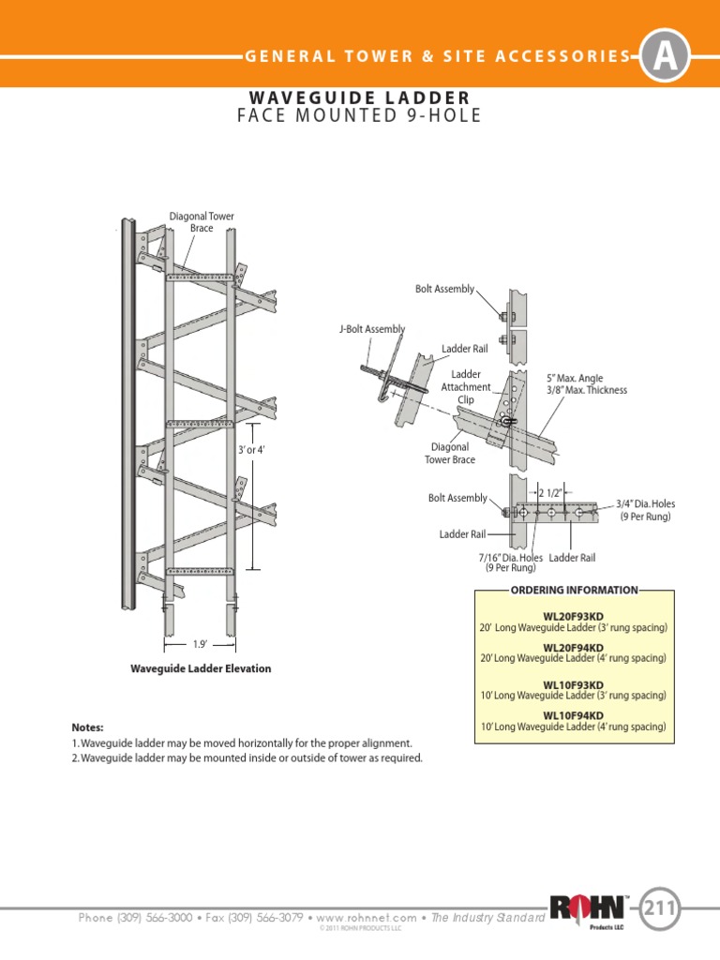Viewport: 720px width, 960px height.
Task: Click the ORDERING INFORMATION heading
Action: (574, 590)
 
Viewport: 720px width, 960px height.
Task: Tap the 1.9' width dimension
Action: (200, 645)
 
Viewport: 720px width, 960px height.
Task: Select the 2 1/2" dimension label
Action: (551, 491)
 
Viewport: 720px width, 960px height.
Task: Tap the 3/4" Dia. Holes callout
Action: (645, 510)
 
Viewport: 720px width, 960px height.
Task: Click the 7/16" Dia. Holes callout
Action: (511, 562)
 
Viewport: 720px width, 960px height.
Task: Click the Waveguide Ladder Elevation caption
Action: (200, 668)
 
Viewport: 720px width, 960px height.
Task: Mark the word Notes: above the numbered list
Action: (88, 727)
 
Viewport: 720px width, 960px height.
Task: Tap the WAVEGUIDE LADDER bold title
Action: (360, 97)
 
